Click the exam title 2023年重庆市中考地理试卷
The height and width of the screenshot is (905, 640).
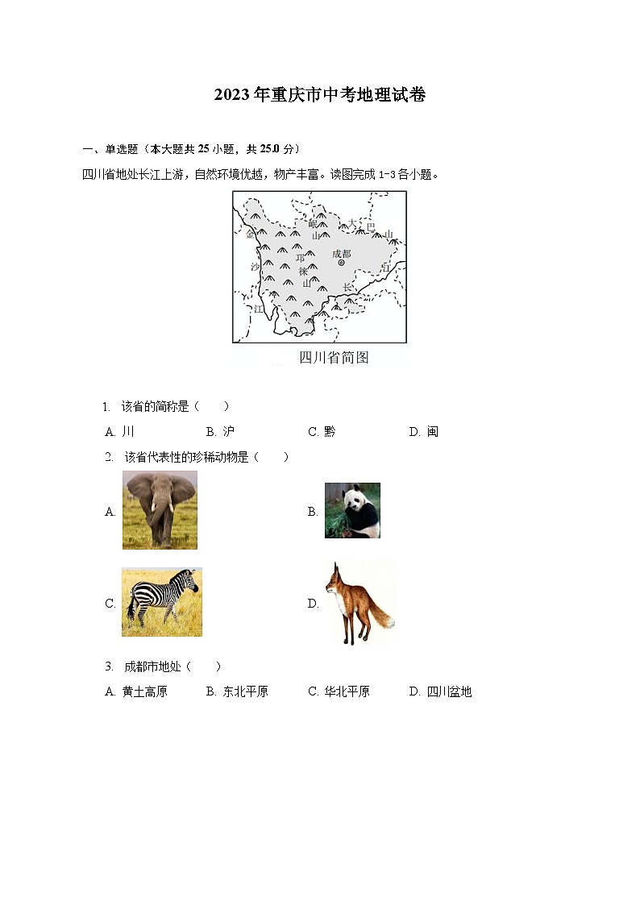pyautogui.click(x=320, y=95)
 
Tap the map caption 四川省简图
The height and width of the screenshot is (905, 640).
pyautogui.click(x=334, y=358)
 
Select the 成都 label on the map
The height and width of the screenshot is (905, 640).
pyautogui.click(x=341, y=253)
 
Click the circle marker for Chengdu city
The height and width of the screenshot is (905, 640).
pyautogui.click(x=341, y=263)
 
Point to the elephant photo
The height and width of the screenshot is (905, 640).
pyautogui.click(x=160, y=510)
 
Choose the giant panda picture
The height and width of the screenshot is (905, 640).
pyautogui.click(x=352, y=511)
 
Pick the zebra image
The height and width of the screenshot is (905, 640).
pyautogui.click(x=161, y=602)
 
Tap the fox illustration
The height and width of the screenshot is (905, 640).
pyautogui.click(x=357, y=603)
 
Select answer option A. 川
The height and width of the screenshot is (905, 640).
pyautogui.click(x=120, y=432)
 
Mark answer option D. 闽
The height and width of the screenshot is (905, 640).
pyautogui.click(x=424, y=432)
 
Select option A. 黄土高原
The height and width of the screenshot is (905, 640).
pyautogui.click(x=137, y=691)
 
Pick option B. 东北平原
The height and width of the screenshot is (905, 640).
pyautogui.click(x=238, y=691)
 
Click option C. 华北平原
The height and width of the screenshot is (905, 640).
pyautogui.click(x=339, y=691)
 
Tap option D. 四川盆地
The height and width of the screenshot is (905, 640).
pyautogui.click(x=441, y=691)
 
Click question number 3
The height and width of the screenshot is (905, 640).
pyautogui.click(x=109, y=666)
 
